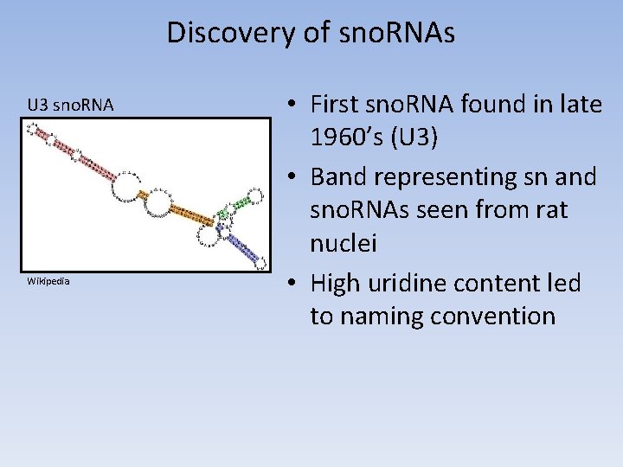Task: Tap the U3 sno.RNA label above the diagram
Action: [x=70, y=106]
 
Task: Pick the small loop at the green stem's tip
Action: [x=256, y=195]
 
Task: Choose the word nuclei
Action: [x=343, y=246]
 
